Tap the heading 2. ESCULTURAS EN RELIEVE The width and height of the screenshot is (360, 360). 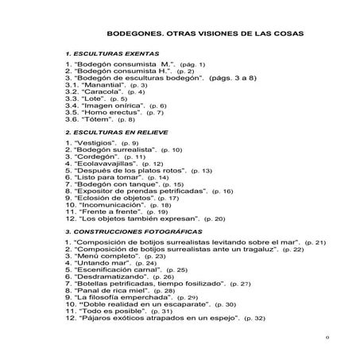pyautogui.click(x=110, y=132)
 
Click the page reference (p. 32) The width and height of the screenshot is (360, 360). pyautogui.click(x=254, y=319)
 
